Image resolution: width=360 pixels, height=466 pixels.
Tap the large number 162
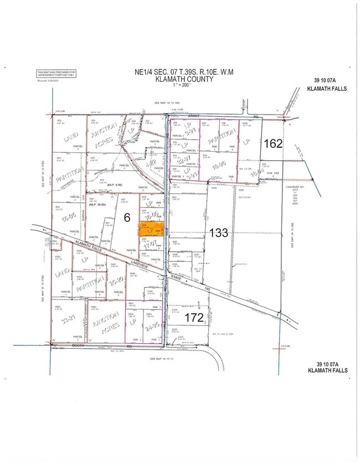[x=273, y=144]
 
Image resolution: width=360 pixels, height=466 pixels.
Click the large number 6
[x=126, y=218]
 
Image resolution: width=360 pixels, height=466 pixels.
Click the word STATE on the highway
[x=176, y=276]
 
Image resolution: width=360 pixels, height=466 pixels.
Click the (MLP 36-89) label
[x=97, y=204]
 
